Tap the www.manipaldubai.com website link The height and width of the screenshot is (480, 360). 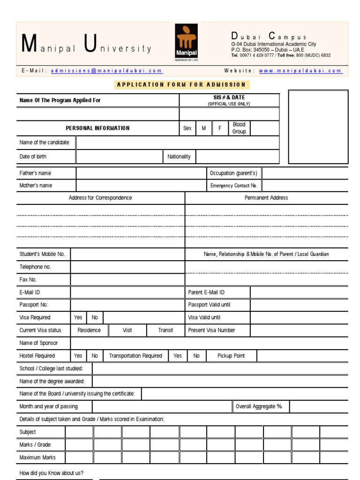click(x=300, y=71)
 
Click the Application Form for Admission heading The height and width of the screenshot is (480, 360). click(x=181, y=85)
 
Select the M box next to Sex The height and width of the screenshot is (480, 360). click(x=203, y=128)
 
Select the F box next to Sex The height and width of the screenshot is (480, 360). click(x=219, y=128)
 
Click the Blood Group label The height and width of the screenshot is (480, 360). click(x=239, y=128)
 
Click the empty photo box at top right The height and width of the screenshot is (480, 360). click(x=318, y=127)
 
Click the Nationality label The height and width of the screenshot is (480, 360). click(x=179, y=157)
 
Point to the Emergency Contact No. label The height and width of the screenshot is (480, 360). click(x=234, y=186)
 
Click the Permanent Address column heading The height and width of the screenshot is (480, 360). click(x=266, y=198)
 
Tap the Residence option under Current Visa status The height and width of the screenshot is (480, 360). click(x=89, y=330)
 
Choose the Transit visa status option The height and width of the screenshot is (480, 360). click(x=165, y=330)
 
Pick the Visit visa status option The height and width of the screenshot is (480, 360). click(x=127, y=330)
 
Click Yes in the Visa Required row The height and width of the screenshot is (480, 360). click(x=78, y=318)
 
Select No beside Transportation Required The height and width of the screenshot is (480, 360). click(x=196, y=356)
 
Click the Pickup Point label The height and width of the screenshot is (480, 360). click(x=231, y=356)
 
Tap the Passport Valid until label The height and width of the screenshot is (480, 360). click(x=209, y=305)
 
